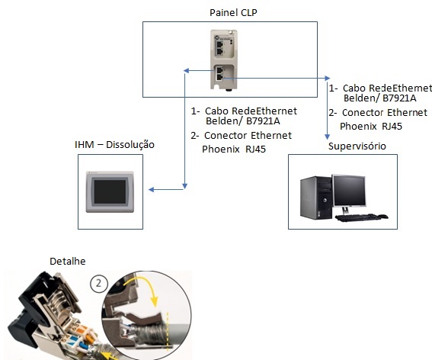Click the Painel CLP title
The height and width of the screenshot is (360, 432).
(233, 13)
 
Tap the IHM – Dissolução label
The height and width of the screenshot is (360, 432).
(114, 145)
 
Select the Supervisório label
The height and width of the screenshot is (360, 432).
(357, 146)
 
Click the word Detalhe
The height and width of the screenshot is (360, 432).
(68, 261)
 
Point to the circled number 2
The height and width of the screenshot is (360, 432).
(98, 283)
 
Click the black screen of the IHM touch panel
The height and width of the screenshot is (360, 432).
(110, 191)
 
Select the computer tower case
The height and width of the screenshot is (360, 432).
(316, 198)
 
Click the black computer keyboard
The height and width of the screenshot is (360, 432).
(358, 217)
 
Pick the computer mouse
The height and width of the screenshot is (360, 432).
(383, 217)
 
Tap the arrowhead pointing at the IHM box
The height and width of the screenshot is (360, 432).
(152, 189)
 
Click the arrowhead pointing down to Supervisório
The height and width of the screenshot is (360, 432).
(328, 137)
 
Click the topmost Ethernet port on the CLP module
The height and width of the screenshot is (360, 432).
(219, 44)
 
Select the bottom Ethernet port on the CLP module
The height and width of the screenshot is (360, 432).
(220, 77)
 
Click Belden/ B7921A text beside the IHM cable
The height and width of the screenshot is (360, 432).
(243, 121)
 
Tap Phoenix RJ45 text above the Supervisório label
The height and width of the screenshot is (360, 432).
(371, 127)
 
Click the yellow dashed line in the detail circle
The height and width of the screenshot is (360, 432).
(167, 331)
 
